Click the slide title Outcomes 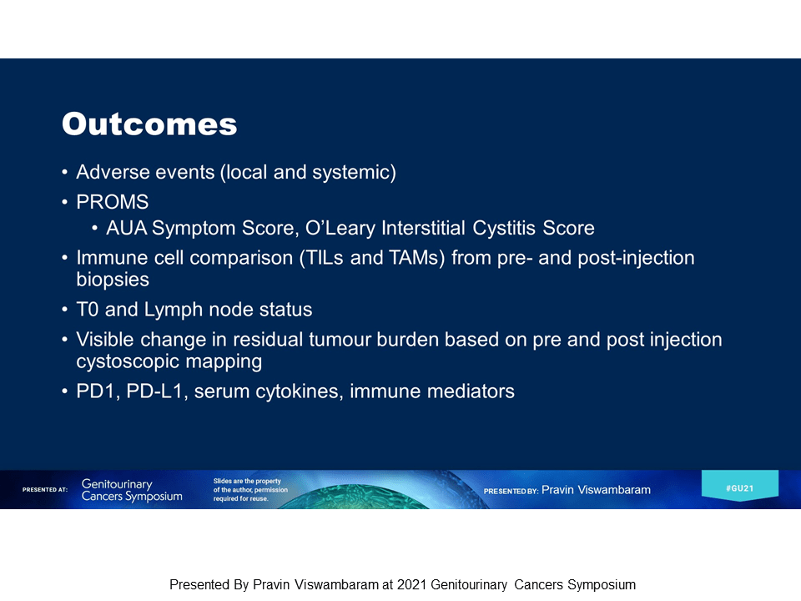point(149,124)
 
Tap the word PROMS point(113,202)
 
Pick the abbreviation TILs point(325,258)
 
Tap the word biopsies point(113,280)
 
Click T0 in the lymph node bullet point(88,310)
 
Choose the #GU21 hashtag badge point(740,486)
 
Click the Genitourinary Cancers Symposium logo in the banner point(132,490)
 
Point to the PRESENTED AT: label point(45,490)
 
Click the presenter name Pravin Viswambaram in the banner point(596,490)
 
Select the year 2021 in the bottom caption point(411,584)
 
